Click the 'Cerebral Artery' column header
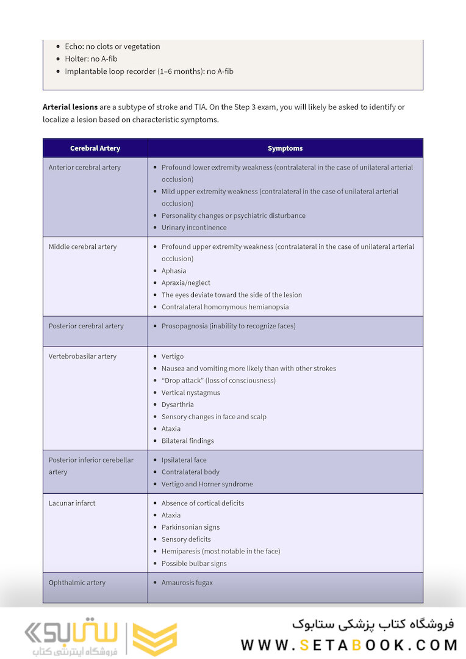(x=95, y=148)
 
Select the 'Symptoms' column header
(x=285, y=148)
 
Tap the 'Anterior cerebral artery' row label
(x=85, y=167)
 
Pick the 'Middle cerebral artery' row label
(x=82, y=247)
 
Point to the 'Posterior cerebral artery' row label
(x=86, y=326)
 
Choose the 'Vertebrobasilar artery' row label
(x=82, y=356)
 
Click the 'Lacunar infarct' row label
(x=72, y=503)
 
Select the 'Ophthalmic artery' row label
(x=77, y=583)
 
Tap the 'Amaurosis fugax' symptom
(x=187, y=583)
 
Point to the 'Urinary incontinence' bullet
(x=194, y=228)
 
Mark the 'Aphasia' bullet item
(x=174, y=271)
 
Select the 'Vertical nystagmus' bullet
(x=191, y=392)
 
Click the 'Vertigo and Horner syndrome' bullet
(x=207, y=484)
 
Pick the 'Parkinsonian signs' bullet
(x=190, y=527)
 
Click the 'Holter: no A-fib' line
(x=91, y=59)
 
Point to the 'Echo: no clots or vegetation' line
(x=112, y=46)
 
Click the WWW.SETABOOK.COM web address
(x=349, y=645)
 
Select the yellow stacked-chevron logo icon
(x=155, y=639)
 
